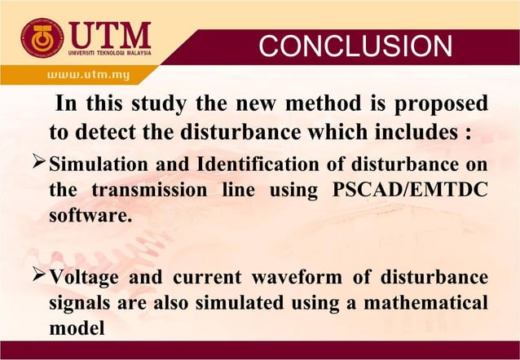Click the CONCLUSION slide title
tap(355, 46)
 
